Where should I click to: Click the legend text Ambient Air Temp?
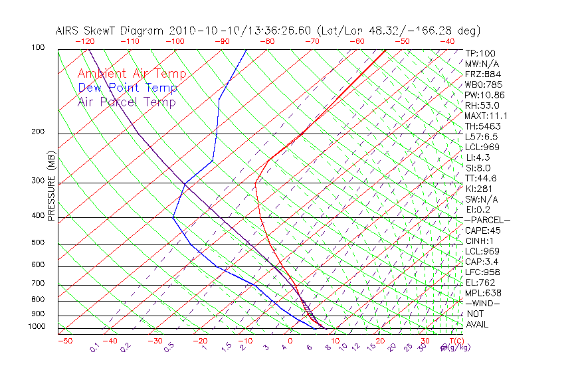(x=132, y=74)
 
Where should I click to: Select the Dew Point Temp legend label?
(x=128, y=88)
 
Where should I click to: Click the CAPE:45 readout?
(x=482, y=231)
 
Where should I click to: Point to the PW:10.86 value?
(x=485, y=95)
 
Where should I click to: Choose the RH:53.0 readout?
(x=482, y=106)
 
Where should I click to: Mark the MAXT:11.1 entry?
(x=486, y=116)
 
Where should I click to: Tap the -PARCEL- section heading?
(x=487, y=220)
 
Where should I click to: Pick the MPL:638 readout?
(x=483, y=293)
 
